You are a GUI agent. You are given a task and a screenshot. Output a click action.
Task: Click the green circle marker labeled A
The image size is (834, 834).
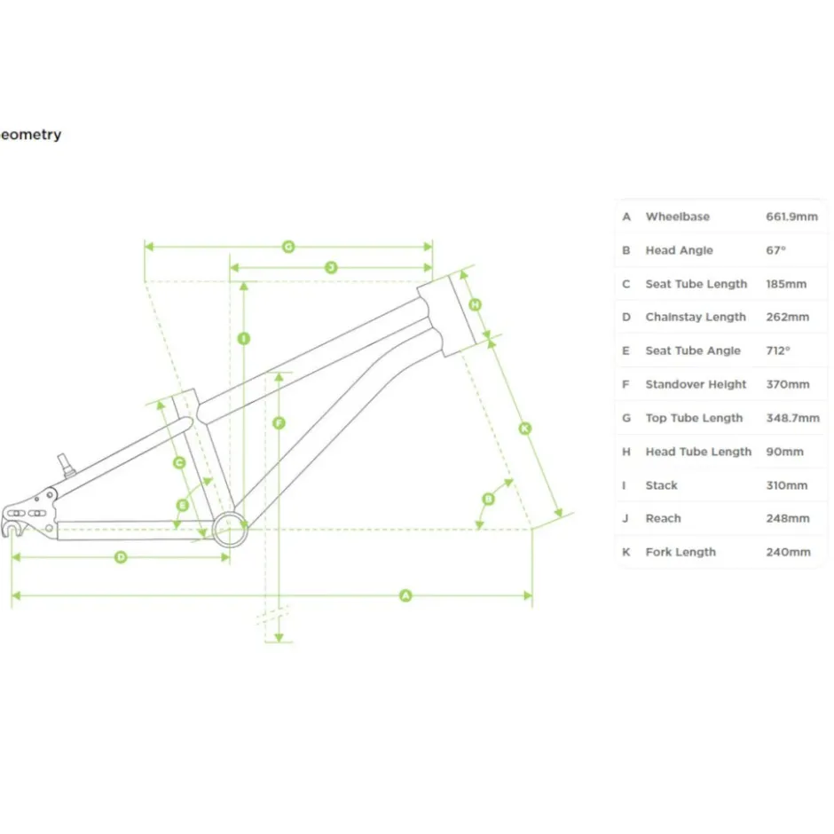click(405, 595)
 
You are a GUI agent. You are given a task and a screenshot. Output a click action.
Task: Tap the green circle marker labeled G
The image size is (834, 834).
click(288, 247)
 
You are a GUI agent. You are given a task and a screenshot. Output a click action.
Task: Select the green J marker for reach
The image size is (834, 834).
click(331, 267)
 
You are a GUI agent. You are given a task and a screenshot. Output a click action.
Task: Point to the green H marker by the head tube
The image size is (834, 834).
click(475, 304)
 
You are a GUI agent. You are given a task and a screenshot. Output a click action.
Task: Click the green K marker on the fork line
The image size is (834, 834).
click(525, 429)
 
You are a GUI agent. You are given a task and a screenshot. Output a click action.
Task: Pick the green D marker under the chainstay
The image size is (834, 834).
click(121, 557)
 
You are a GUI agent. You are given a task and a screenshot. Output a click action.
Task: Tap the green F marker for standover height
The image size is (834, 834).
click(279, 423)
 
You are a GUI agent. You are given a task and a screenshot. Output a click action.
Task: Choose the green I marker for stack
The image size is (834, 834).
click(244, 338)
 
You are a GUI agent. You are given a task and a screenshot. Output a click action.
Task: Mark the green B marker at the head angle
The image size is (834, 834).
click(488, 499)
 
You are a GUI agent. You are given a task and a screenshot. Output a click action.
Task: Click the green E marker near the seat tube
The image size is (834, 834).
click(183, 505)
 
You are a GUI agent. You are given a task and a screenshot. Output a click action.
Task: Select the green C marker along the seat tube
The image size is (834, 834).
click(179, 463)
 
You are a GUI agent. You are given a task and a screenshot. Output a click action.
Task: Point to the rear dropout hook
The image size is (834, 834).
click(10, 529)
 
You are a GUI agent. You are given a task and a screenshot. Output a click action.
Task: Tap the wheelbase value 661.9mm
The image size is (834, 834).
click(791, 216)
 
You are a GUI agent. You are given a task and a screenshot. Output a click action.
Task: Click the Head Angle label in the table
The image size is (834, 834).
click(679, 250)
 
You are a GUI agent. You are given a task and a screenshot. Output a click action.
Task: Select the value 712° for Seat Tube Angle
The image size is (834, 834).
click(777, 350)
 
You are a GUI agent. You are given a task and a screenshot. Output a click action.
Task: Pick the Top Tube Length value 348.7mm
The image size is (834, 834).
click(792, 418)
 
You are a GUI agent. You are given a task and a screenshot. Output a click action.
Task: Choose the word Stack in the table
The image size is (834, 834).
click(661, 485)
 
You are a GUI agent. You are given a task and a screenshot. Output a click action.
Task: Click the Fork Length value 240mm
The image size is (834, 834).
click(788, 552)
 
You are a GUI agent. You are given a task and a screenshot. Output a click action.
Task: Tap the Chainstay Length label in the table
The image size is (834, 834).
click(696, 317)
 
